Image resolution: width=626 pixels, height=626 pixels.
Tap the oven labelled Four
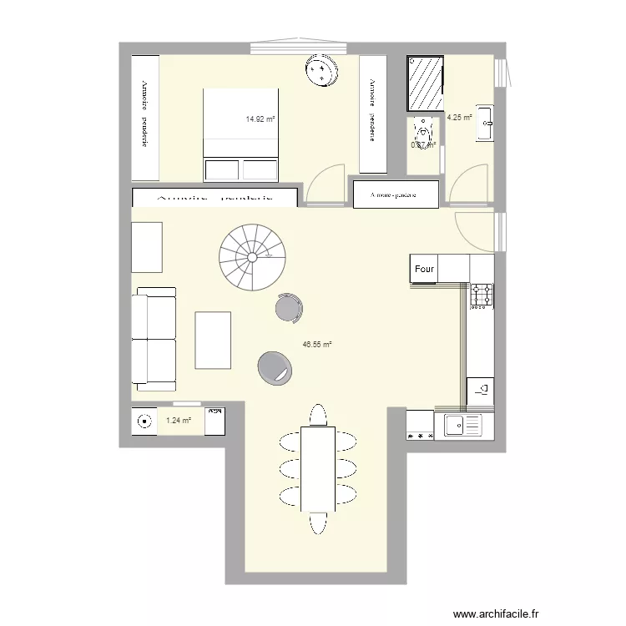pyautogui.click(x=425, y=269)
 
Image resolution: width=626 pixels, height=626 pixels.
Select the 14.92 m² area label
pyautogui.click(x=260, y=119)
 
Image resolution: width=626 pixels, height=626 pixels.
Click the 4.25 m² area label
pyautogui.click(x=459, y=118)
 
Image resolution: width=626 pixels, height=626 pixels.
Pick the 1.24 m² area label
pyautogui.click(x=178, y=421)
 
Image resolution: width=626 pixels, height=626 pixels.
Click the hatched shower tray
pyautogui.click(x=426, y=83)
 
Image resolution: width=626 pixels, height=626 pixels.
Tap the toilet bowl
pyautogui.click(x=424, y=134)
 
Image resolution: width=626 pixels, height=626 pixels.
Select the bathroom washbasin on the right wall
pyautogui.click(x=485, y=123)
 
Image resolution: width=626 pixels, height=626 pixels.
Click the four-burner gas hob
pyautogui.click(x=482, y=295)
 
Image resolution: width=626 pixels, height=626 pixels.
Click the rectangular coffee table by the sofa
pyautogui.click(x=213, y=340)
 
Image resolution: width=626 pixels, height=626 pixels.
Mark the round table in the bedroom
pyautogui.click(x=321, y=70)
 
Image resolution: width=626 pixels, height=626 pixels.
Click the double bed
pyautogui.click(x=240, y=134)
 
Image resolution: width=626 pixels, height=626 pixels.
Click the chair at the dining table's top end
pyautogui.click(x=318, y=414)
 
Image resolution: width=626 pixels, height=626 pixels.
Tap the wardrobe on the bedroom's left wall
pyautogui.click(x=145, y=117)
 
